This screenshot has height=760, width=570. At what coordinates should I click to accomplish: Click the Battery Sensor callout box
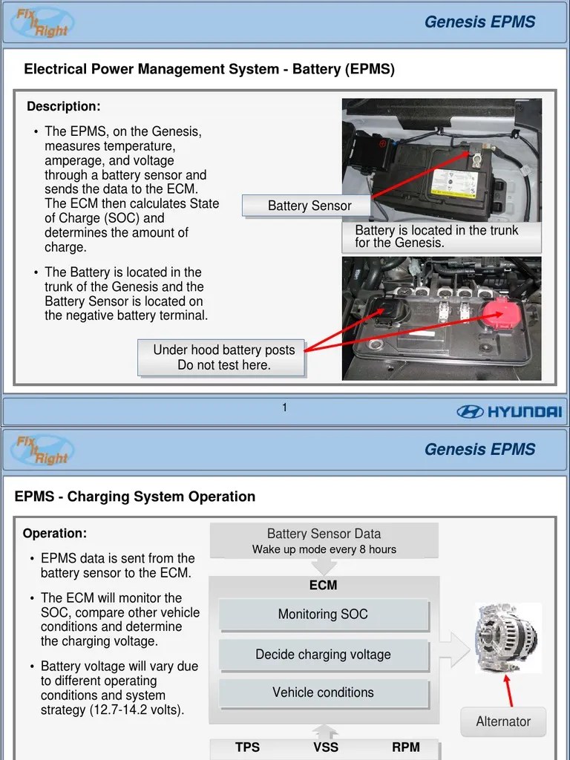click(309, 206)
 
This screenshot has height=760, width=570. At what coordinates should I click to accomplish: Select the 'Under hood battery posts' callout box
click(223, 357)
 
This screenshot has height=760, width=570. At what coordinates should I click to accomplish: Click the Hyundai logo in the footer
click(509, 411)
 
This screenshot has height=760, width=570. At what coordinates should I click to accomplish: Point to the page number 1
click(284, 407)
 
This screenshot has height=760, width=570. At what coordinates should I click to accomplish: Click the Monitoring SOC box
click(323, 615)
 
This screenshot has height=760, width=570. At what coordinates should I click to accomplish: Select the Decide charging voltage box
click(323, 655)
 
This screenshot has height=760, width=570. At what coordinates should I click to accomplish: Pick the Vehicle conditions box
click(323, 692)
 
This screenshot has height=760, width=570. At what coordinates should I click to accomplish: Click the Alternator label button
click(503, 721)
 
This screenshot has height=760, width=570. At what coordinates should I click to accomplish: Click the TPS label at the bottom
click(247, 747)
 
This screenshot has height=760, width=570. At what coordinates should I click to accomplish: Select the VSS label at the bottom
click(326, 747)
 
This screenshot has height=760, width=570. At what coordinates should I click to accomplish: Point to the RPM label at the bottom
click(405, 747)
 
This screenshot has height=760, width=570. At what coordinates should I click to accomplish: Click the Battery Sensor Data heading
click(324, 534)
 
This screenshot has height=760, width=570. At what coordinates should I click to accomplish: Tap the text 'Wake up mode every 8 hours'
click(324, 550)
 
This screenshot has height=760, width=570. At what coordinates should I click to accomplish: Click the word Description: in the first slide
click(64, 107)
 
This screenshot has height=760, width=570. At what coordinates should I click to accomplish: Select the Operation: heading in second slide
click(55, 534)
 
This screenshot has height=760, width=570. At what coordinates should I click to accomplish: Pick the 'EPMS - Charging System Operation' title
click(135, 497)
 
